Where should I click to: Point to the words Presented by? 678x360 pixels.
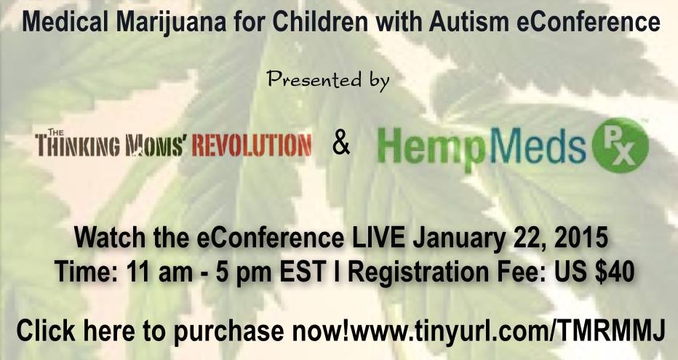330,78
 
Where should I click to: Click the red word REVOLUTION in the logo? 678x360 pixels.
258,145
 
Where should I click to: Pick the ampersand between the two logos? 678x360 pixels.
340,144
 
